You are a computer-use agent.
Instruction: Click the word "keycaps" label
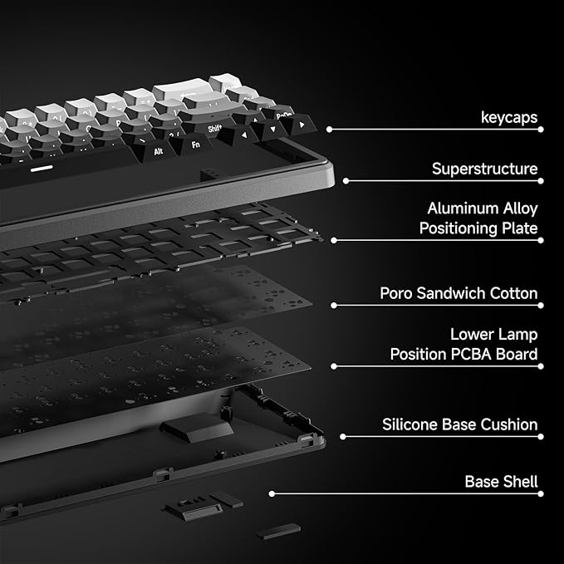tap(509, 118)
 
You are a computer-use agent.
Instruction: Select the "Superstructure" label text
tap(484, 169)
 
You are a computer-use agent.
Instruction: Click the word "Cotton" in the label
tap(514, 293)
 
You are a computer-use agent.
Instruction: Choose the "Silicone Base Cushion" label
tap(459, 424)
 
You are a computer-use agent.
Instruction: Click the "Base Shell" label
tap(501, 482)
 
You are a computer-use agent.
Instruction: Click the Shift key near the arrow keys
tap(214, 129)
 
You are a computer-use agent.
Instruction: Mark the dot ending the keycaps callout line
tap(329, 130)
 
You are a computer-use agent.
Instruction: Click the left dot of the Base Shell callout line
tap(271, 493)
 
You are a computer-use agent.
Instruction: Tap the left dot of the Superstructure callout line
tap(345, 180)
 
